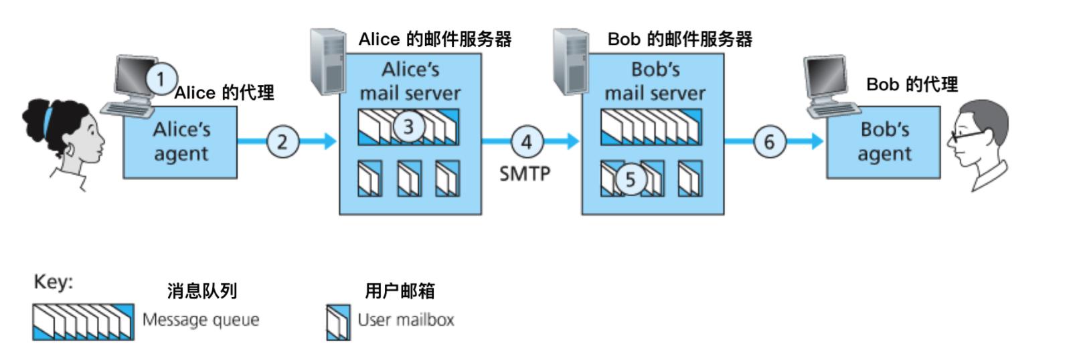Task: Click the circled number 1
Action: [160, 80]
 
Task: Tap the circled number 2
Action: [282, 141]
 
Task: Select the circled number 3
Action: [408, 126]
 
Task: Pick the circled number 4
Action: [527, 141]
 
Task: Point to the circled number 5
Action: [630, 179]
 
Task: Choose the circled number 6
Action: [769, 141]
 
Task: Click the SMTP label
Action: [525, 173]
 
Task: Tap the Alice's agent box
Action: [181, 144]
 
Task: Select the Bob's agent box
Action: [884, 144]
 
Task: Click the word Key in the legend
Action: [54, 282]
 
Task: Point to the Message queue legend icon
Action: [83, 321]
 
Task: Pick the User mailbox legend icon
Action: [338, 322]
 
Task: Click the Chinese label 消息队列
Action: [202, 291]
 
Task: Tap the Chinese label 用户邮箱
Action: [400, 291]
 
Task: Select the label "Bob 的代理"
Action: [912, 84]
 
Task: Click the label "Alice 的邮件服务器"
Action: [435, 39]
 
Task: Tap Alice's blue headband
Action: [48, 121]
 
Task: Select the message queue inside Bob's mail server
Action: [651, 126]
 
